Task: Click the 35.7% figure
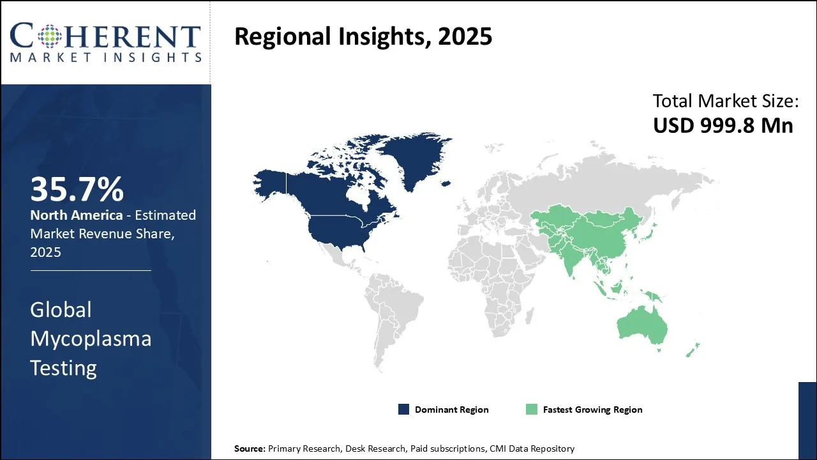click(77, 189)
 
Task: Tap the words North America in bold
click(76, 215)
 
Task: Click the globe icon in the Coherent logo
click(50, 36)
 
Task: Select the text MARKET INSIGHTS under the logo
click(106, 57)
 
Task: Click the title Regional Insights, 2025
click(363, 36)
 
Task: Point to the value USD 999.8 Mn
click(723, 125)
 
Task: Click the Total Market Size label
click(726, 100)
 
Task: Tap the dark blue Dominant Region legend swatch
click(403, 410)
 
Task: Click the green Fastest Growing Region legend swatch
click(532, 410)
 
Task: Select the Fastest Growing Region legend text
click(593, 410)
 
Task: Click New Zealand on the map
click(693, 350)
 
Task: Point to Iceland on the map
click(446, 183)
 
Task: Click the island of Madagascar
click(530, 316)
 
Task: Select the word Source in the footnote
click(250, 448)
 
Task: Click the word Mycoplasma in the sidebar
click(91, 339)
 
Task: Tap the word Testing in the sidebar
click(63, 368)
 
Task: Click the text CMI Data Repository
click(532, 448)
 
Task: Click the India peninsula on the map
click(572, 263)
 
